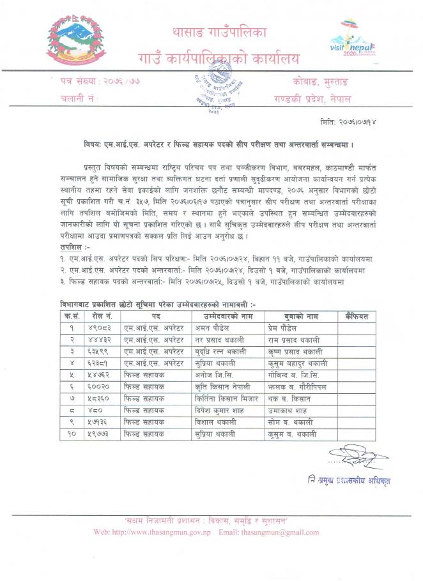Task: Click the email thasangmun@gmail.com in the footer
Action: tap(275, 532)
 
